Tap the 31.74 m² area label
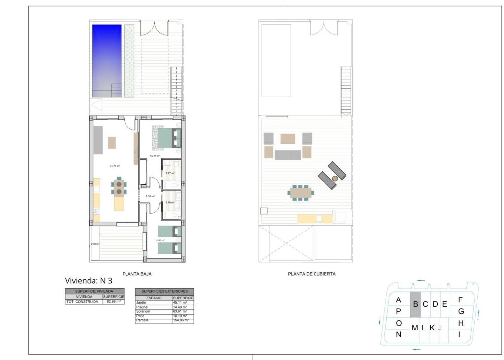click(115, 166)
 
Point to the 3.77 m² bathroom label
click(170, 173)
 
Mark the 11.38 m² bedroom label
click(160, 240)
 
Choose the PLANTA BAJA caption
click(135, 274)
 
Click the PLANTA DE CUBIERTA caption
click(312, 274)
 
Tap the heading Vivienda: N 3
click(89, 281)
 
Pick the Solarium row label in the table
click(144, 311)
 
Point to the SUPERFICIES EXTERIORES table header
click(164, 291)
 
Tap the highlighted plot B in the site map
click(415, 304)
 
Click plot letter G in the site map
click(461, 311)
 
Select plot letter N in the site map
click(399, 335)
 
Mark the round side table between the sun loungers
click(335, 178)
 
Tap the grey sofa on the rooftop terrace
click(287, 155)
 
